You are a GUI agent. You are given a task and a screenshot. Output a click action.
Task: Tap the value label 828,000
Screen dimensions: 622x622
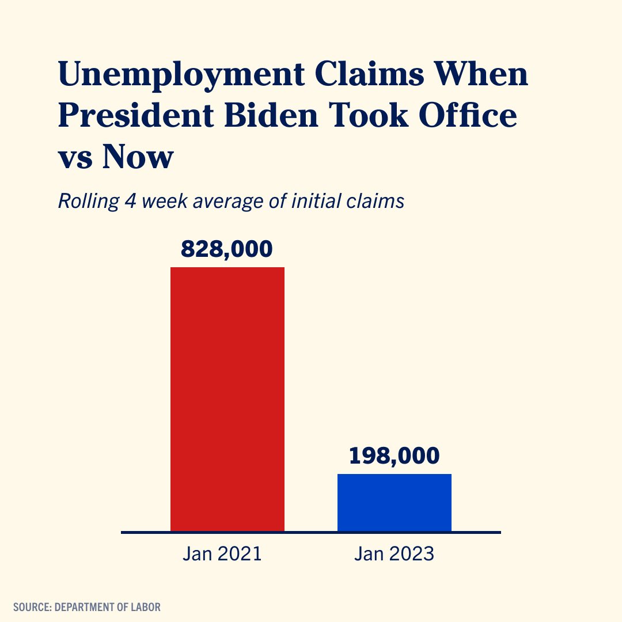click(x=227, y=249)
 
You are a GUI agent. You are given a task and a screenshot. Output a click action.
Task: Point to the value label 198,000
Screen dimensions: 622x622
click(x=395, y=456)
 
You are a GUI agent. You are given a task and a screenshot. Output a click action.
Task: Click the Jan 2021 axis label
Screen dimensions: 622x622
click(x=222, y=554)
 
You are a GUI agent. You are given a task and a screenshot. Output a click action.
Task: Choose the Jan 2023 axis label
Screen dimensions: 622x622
click(x=394, y=554)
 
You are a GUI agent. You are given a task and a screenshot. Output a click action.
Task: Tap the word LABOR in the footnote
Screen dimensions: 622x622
click(x=146, y=606)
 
